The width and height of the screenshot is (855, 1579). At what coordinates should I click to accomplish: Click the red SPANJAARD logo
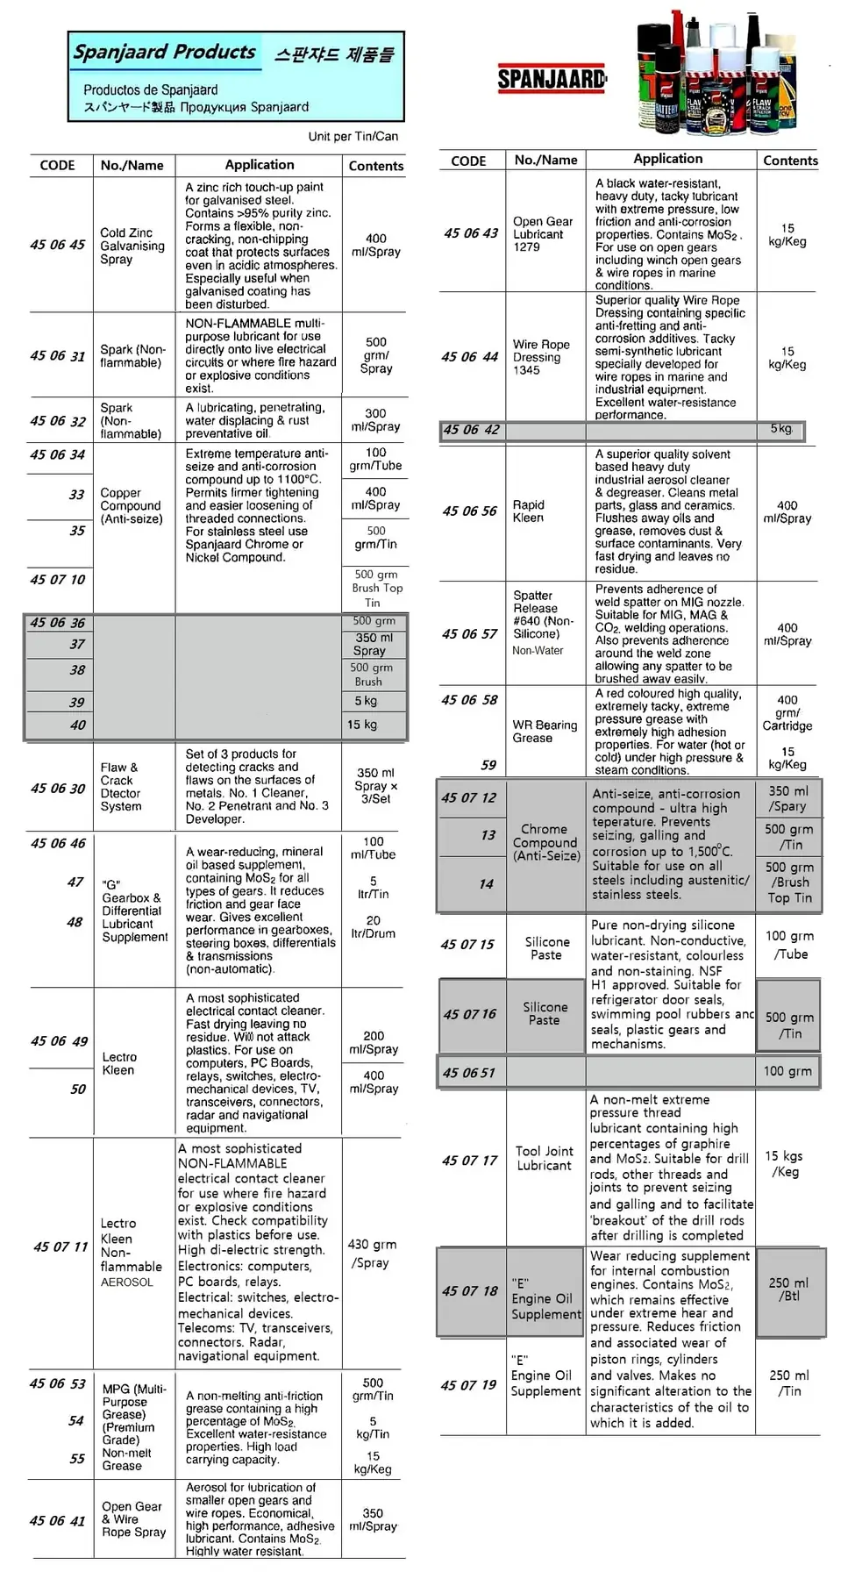coord(552,79)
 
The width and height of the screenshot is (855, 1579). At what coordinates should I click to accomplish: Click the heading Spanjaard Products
coord(165,52)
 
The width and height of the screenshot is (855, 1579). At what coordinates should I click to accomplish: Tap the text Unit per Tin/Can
coord(353,136)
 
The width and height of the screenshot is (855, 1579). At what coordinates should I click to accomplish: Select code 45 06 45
coord(58,245)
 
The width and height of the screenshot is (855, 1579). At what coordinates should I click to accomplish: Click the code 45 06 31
coord(58,356)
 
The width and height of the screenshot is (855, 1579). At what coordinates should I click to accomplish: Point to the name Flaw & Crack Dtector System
coord(121,787)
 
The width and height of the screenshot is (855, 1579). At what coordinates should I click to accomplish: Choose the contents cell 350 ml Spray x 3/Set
coord(375,786)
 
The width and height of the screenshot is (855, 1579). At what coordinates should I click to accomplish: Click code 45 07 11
coord(61,1247)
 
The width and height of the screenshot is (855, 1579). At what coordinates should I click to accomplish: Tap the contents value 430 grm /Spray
coord(372,1254)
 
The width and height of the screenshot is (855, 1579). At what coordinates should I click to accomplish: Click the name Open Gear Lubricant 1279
coord(542,234)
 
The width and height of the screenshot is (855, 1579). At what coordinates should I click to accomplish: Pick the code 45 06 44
coord(470,357)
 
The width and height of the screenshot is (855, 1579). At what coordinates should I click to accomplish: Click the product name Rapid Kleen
coord(528,511)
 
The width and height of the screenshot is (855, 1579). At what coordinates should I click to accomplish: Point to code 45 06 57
coord(470,633)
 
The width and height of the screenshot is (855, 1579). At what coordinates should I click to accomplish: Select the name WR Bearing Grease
coord(545,732)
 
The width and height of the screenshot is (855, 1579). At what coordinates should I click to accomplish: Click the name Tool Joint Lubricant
coord(544,1158)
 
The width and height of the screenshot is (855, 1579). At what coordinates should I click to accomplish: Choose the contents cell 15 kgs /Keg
coord(784,1163)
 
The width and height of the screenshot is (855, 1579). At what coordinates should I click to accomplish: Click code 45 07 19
coord(469,1385)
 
